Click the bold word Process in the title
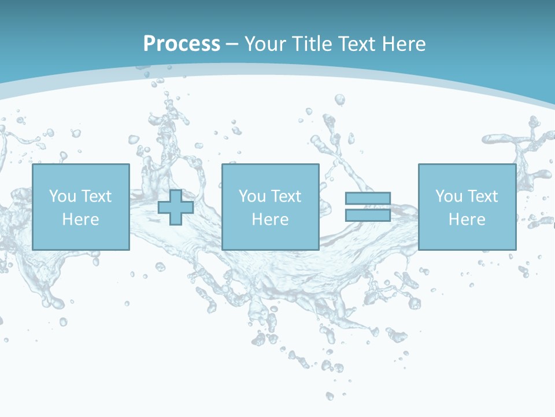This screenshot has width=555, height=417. (x=182, y=44)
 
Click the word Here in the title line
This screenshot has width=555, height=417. (x=405, y=44)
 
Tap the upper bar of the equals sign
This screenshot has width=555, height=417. (x=368, y=199)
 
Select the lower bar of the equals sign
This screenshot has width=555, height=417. (x=368, y=215)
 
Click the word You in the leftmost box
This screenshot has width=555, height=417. (x=62, y=196)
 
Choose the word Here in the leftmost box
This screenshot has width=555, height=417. (x=80, y=220)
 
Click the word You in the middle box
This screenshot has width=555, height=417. (x=252, y=196)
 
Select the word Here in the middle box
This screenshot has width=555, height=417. (x=270, y=220)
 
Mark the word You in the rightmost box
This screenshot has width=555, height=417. (x=449, y=196)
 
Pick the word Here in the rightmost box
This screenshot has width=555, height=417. (x=467, y=220)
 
